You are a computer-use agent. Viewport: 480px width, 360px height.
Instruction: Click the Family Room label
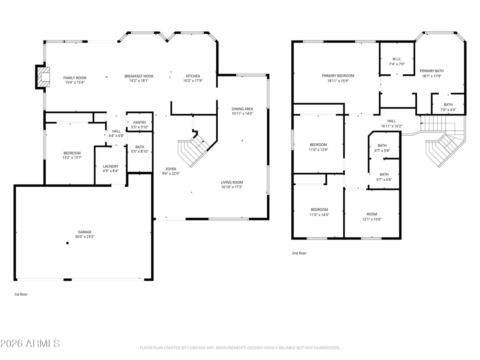[x=75, y=78]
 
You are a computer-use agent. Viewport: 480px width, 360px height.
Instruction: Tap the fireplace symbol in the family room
[x=43, y=77]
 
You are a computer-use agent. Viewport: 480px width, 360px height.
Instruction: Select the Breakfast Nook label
[x=139, y=76]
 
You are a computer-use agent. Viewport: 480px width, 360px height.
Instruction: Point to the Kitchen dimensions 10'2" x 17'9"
[x=193, y=81]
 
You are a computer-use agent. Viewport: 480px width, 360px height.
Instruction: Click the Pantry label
[x=140, y=122]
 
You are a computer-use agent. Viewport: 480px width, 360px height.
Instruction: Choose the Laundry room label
[x=111, y=166]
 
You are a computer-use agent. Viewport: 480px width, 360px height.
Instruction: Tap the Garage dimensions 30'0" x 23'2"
[x=85, y=236]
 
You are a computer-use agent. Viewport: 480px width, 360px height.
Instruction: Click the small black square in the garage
[x=67, y=243]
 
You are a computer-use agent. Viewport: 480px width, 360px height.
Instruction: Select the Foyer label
[x=171, y=169]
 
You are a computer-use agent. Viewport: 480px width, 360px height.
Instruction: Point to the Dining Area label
[x=242, y=109]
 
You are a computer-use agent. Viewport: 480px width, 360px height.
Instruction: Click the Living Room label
[x=232, y=182]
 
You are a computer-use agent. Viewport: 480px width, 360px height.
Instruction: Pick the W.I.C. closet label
[x=397, y=59]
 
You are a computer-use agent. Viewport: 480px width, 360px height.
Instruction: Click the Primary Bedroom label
[x=338, y=76]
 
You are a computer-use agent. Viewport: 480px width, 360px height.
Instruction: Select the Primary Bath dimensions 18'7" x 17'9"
[x=432, y=76]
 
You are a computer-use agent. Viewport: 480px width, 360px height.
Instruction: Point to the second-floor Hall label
[x=391, y=121]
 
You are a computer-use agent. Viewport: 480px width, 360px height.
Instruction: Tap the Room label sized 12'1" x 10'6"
[x=372, y=214]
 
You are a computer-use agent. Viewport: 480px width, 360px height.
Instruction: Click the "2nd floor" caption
[x=299, y=253]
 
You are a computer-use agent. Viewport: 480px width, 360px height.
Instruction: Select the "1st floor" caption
[x=21, y=294]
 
